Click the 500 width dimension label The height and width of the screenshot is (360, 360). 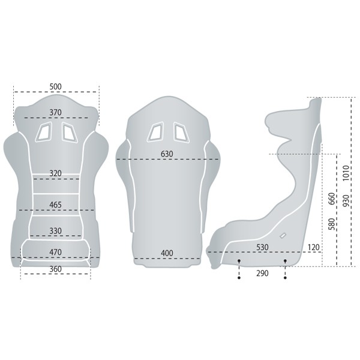tap(56, 86)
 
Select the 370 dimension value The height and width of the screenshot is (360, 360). tap(56, 112)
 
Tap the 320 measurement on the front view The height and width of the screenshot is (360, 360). tap(56, 173)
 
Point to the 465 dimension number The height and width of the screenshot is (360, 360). tap(56, 205)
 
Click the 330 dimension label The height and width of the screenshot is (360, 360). tap(56, 230)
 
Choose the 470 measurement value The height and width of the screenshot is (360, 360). tap(56, 252)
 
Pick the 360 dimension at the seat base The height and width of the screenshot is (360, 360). tap(56, 269)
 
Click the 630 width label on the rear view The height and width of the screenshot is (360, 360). tap(167, 154)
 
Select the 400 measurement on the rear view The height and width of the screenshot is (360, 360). tap(167, 253)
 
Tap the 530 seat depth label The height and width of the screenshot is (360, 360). tap(262, 247)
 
